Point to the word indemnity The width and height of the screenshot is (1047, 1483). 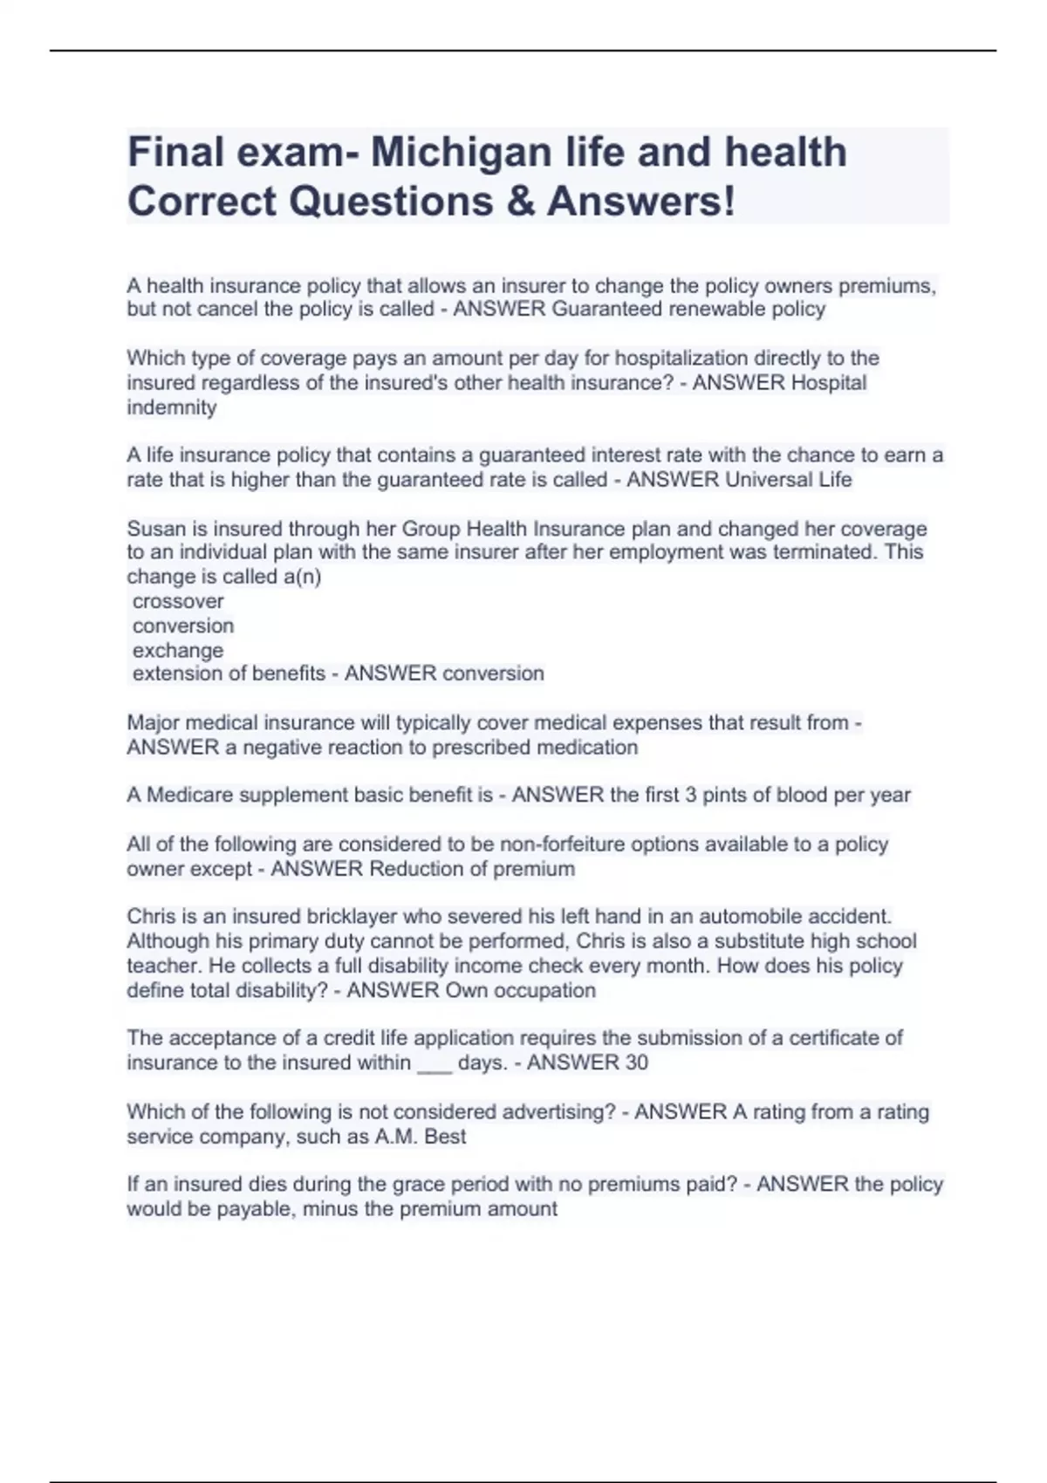coord(172,407)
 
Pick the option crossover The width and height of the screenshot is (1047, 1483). coord(178,601)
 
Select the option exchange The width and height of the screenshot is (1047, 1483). coord(178,650)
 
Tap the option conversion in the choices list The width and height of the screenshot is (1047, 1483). coord(183,625)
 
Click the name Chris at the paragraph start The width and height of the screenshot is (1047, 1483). coord(151,916)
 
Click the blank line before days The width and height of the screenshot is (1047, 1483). coord(435,1064)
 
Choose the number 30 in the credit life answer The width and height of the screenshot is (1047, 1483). coord(636,1063)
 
